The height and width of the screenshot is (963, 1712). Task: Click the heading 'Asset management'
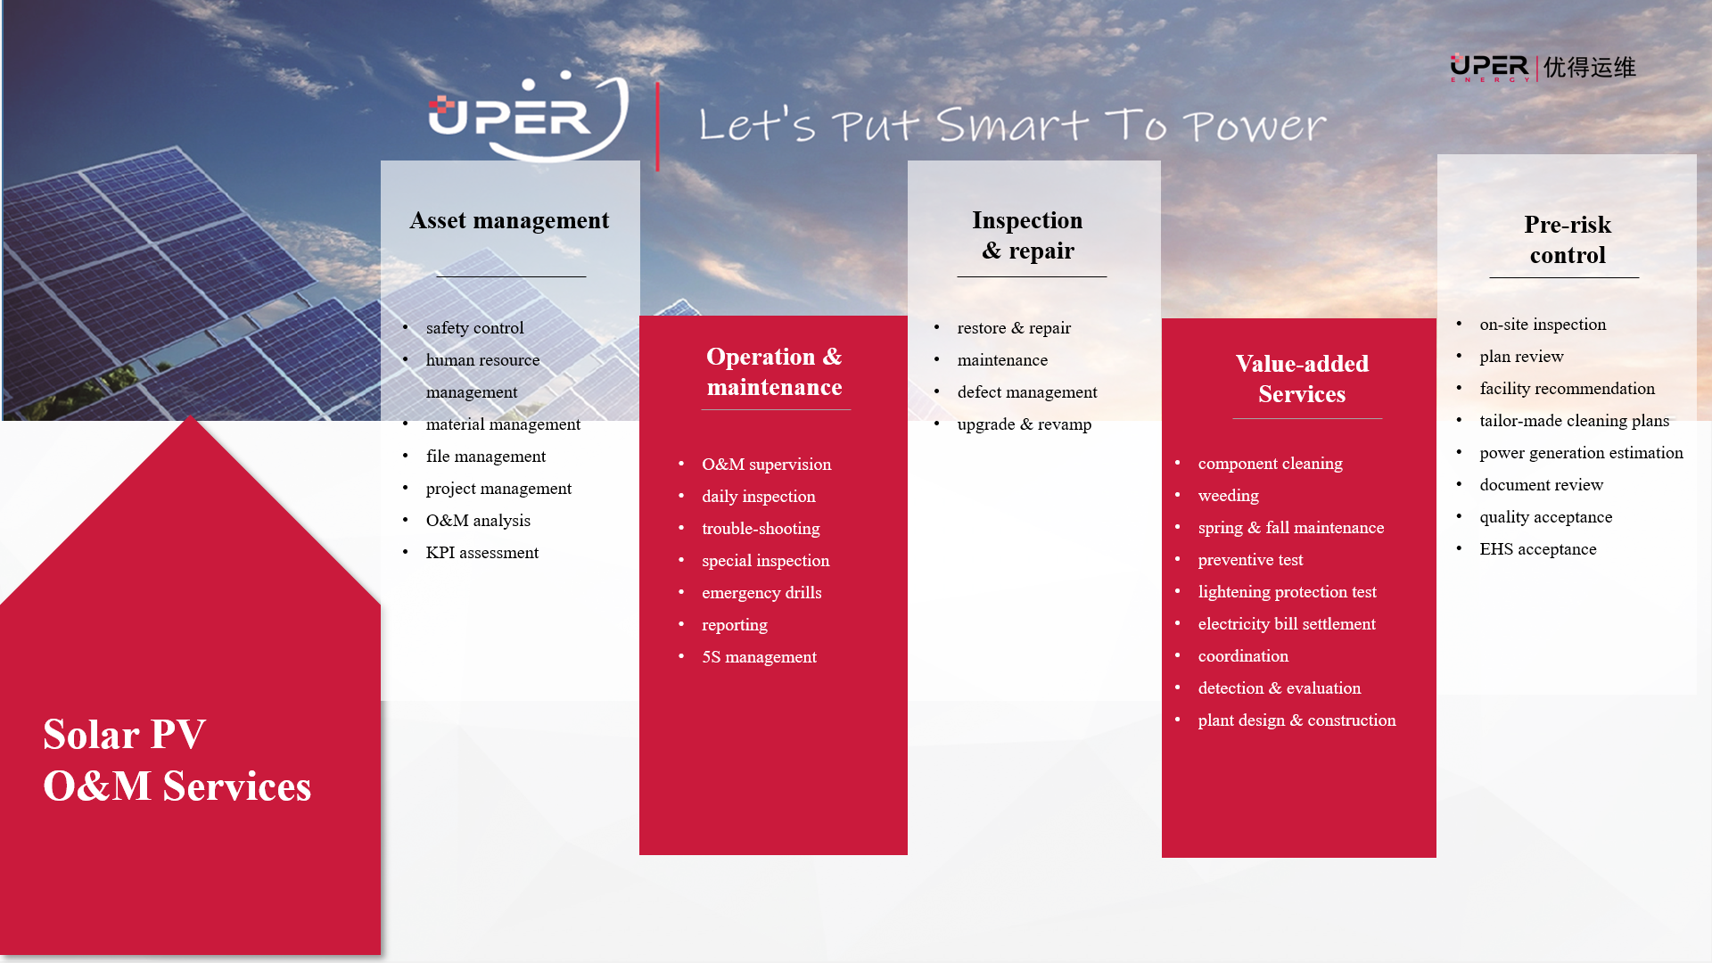[509, 220]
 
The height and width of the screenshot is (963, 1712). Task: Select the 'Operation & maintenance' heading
[774, 372]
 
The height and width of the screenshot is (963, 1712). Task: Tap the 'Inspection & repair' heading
[1027, 235]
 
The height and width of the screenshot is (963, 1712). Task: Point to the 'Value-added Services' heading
[1302, 379]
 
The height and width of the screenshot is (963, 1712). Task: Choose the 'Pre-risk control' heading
[1568, 240]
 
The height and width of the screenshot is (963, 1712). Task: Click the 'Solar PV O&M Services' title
[177, 761]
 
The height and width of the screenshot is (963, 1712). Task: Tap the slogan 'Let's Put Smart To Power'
[1012, 125]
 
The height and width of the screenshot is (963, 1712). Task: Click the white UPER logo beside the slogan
[528, 117]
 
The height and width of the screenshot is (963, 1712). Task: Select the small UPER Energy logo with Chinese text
[1543, 68]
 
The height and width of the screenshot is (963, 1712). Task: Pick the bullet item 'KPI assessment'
[482, 553]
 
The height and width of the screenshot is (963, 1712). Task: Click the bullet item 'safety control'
[475, 328]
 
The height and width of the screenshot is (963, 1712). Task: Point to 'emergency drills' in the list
[761, 593]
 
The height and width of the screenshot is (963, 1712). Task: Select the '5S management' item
[759, 657]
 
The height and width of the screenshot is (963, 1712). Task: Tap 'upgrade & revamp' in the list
[1025, 424]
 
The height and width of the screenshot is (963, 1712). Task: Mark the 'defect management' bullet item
[1027, 392]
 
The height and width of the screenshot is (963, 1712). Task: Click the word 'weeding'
[1229, 496]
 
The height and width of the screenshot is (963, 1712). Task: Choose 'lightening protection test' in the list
[1287, 592]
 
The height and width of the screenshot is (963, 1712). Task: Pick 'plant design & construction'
[1296, 720]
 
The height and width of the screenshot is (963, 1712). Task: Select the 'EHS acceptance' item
[1538, 549]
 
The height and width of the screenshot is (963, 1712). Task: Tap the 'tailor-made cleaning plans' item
[1575, 421]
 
